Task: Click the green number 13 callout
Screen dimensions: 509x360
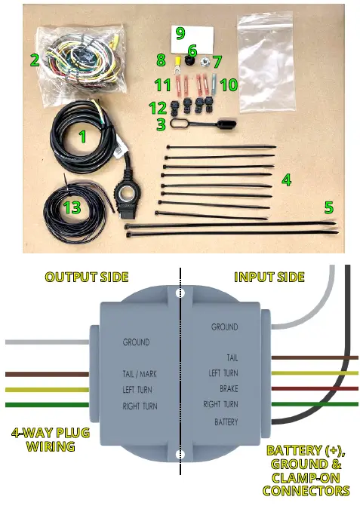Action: [72, 206]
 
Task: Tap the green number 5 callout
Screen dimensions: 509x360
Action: [329, 206]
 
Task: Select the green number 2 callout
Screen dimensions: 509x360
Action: [34, 60]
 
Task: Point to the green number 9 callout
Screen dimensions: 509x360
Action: [180, 32]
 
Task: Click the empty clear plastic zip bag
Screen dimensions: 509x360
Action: [281, 50]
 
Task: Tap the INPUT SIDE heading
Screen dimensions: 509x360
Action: [269, 277]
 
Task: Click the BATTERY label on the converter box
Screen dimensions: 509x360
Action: [225, 422]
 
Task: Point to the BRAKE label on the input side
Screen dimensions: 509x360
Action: [228, 389]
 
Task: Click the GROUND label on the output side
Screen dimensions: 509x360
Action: [136, 342]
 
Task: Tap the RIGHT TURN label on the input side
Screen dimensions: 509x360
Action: [220, 405]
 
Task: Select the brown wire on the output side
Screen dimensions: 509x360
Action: [45, 374]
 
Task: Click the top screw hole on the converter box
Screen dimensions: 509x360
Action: [180, 293]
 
